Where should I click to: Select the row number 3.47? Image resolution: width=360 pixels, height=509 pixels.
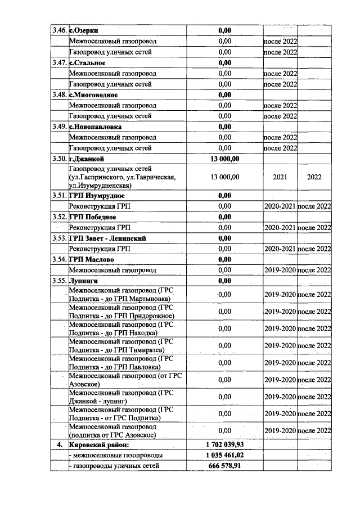(58, 63)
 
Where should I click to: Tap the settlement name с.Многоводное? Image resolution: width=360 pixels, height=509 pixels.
(93, 94)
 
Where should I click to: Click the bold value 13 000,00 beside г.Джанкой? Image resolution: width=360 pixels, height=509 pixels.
(224, 159)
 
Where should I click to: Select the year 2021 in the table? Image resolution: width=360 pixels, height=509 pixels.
(280, 177)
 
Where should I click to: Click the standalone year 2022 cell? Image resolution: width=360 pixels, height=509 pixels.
(314, 177)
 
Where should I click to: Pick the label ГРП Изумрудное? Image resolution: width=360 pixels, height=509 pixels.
(96, 196)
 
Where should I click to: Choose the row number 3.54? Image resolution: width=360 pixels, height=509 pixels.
(58, 259)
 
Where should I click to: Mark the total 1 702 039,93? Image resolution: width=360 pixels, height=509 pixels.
(224, 444)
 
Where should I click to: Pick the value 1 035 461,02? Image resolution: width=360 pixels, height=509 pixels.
(224, 455)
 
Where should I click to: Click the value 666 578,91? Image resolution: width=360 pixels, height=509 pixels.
(224, 466)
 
